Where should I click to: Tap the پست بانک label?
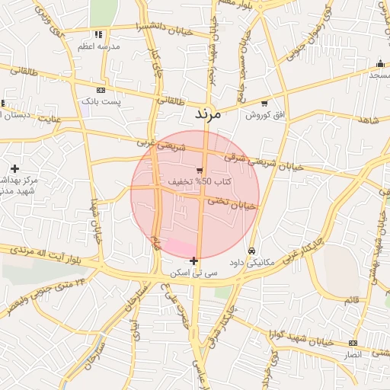pyautogui.click(x=101, y=101)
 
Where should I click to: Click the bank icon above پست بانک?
pyautogui.click(x=101, y=90)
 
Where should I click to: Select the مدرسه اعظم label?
pyautogui.click(x=97, y=46)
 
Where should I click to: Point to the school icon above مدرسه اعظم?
pyautogui.click(x=97, y=35)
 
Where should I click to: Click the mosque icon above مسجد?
pyautogui.click(x=379, y=65)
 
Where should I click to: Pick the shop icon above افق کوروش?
pyautogui.click(x=264, y=103)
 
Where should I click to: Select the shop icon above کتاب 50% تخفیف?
pyautogui.click(x=200, y=171)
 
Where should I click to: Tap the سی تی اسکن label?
pyautogui.click(x=195, y=272)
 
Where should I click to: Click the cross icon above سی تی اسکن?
pyautogui.click(x=194, y=261)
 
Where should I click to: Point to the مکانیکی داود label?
pyautogui.click(x=251, y=263)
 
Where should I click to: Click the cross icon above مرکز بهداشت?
pyautogui.click(x=14, y=168)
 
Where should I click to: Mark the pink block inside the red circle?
pyautogui.click(x=180, y=247)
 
